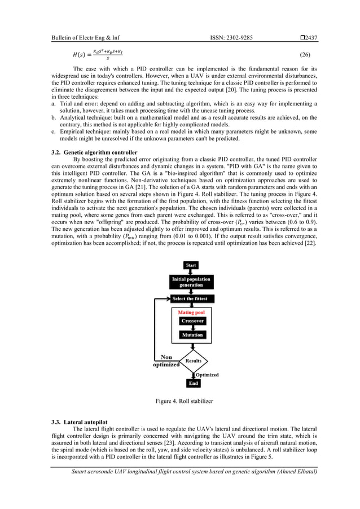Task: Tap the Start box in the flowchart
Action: click(191, 265)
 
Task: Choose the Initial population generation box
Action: click(191, 282)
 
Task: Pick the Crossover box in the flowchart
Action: click(192, 321)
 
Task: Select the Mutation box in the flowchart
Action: click(192, 335)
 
